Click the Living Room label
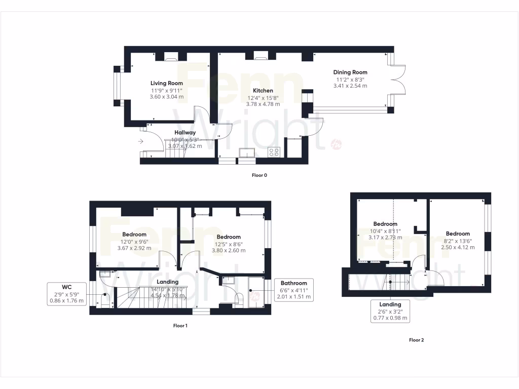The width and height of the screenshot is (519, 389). [x=166, y=83]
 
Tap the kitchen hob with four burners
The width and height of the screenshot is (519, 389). [x=274, y=152]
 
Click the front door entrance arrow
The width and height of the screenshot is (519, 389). [x=141, y=142]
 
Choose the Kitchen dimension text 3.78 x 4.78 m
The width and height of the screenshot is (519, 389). [x=263, y=104]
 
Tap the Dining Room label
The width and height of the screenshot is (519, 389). [x=350, y=72]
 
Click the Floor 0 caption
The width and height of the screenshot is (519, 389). [x=259, y=175]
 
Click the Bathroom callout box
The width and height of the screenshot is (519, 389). [x=294, y=290]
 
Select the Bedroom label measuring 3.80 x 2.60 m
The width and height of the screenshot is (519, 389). [x=228, y=237]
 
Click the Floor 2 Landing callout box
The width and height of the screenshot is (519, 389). [x=390, y=311]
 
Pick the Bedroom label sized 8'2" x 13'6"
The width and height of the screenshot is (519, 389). [x=457, y=234]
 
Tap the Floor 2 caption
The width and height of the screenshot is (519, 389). [x=416, y=340]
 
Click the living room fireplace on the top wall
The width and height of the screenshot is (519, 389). [x=170, y=58]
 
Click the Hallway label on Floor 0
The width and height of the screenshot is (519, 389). [x=185, y=133]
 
